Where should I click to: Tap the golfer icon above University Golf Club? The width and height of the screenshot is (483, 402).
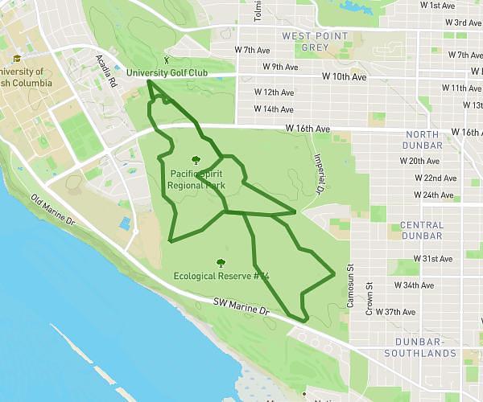tap(167, 59)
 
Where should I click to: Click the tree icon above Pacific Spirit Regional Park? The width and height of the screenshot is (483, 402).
tap(196, 159)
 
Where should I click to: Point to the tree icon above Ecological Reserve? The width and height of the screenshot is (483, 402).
tap(220, 262)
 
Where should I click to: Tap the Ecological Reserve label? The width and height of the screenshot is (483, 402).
tap(221, 276)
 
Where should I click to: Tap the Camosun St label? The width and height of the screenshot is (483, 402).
tap(350, 286)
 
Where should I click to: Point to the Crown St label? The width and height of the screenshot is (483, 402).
tap(369, 297)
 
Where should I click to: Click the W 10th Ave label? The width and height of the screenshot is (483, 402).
tap(344, 77)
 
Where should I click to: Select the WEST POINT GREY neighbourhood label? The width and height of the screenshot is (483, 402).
tap(315, 41)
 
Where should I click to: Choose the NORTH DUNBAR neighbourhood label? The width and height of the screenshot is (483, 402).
tap(424, 139)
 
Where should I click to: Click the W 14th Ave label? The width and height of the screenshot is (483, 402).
tap(274, 109)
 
